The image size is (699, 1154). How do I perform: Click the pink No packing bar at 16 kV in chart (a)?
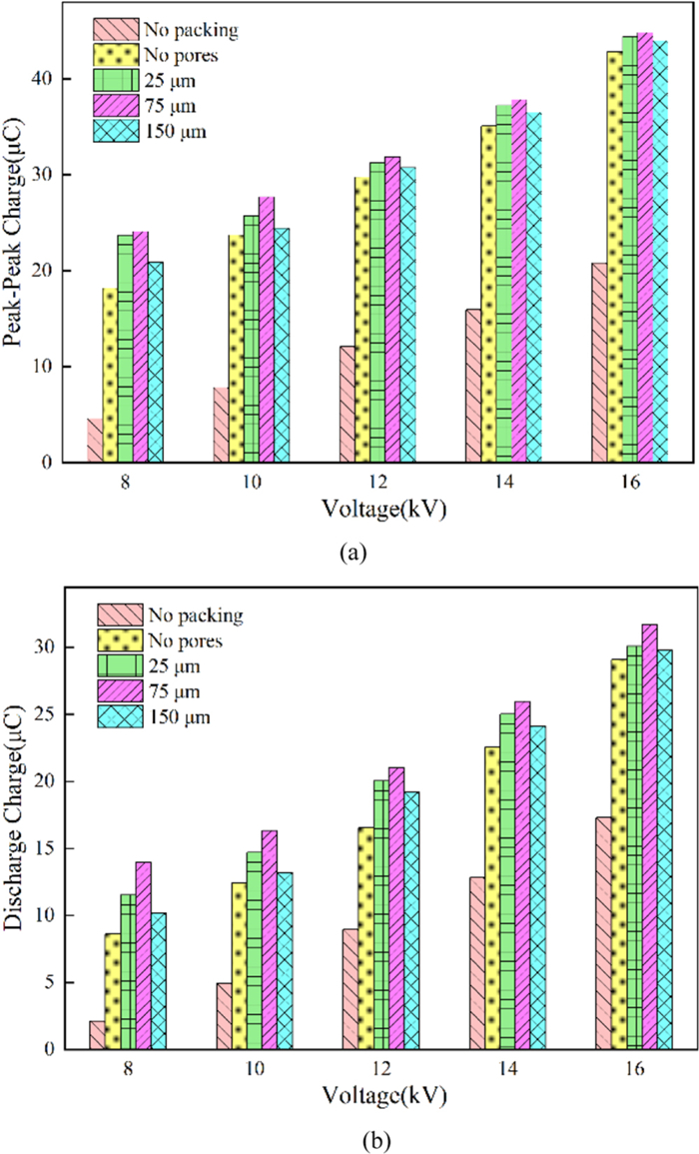[x=599, y=363]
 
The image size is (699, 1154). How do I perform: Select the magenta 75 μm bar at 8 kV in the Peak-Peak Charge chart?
[x=141, y=347]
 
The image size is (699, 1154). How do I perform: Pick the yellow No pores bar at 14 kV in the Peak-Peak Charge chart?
[x=488, y=294]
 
